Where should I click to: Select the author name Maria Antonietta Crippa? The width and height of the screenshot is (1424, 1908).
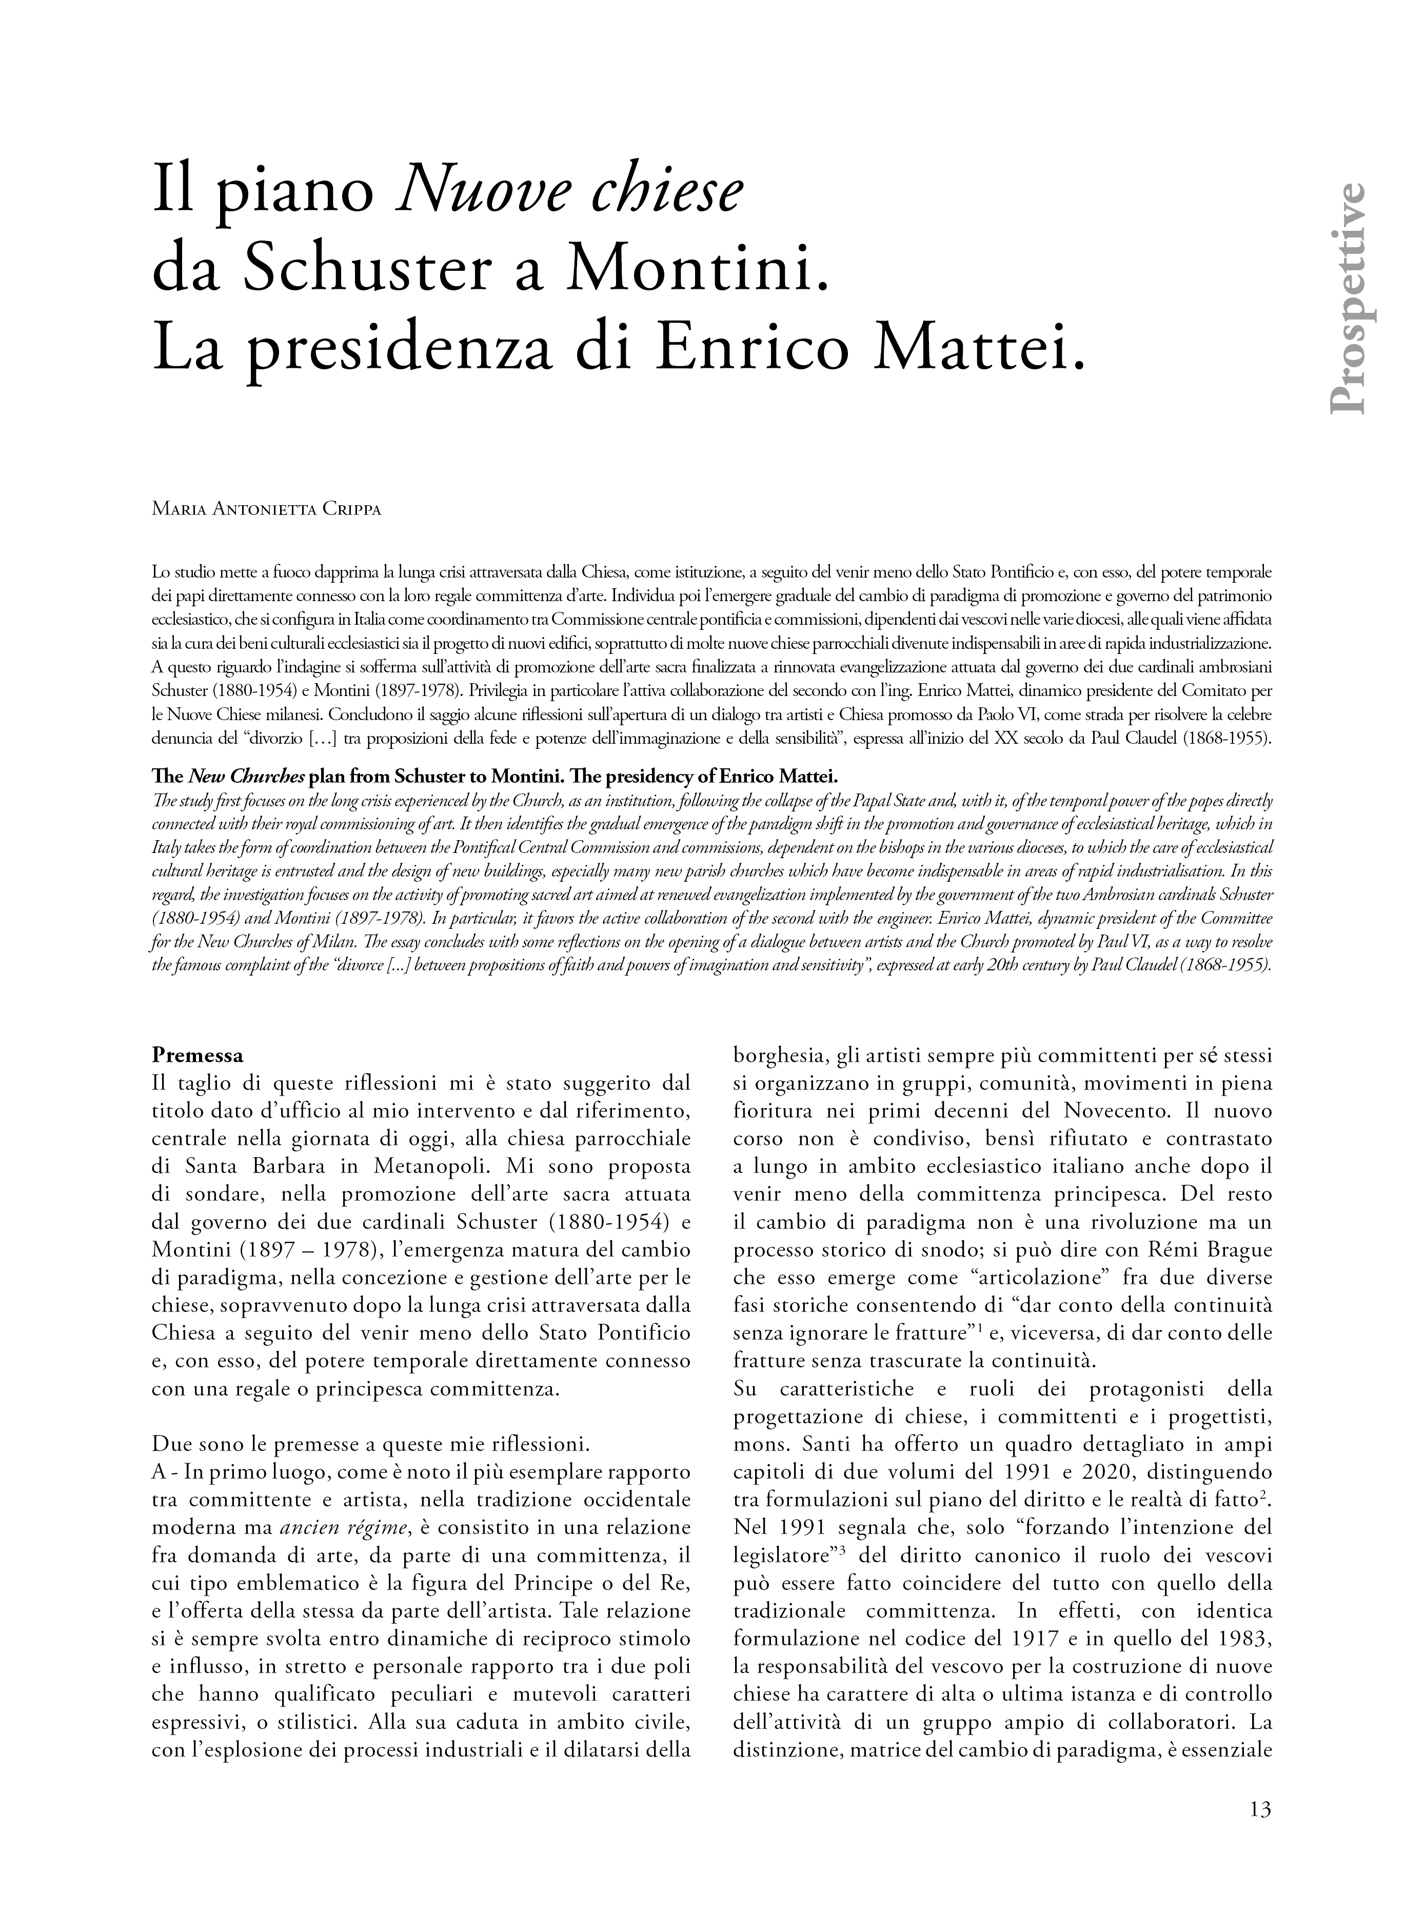(x=266, y=509)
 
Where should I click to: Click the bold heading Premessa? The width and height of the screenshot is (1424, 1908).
(x=197, y=1055)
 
